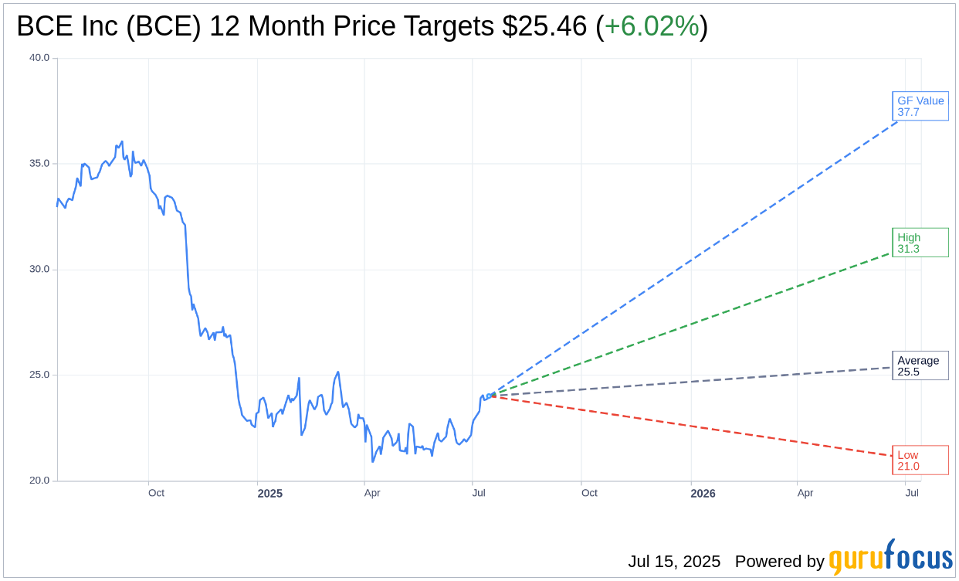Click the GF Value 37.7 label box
coord(920,107)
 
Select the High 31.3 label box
coord(920,243)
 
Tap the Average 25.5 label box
coord(920,366)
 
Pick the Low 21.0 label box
coord(920,460)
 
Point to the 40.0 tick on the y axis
coord(39,58)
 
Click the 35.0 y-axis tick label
coord(39,164)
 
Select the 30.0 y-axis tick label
coord(39,270)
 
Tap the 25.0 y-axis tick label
coord(39,375)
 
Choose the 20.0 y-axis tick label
coord(39,481)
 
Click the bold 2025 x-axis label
coord(270,494)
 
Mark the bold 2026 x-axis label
coord(703,494)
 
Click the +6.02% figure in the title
coord(651,26)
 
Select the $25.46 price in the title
coord(544,26)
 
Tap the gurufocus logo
coord(890,558)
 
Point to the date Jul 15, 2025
coord(674,562)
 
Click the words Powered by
coord(779,562)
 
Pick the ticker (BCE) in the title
coord(164,26)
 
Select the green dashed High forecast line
coord(695,323)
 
